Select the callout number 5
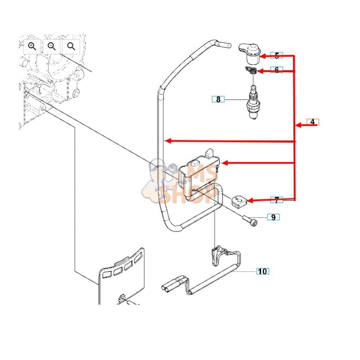[x=277, y=55]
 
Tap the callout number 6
[x=277, y=70]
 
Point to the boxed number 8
[x=219, y=99]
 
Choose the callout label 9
[x=273, y=217]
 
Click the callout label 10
[x=262, y=271]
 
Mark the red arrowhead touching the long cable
[x=168, y=141]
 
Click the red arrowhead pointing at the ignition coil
[x=225, y=162]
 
